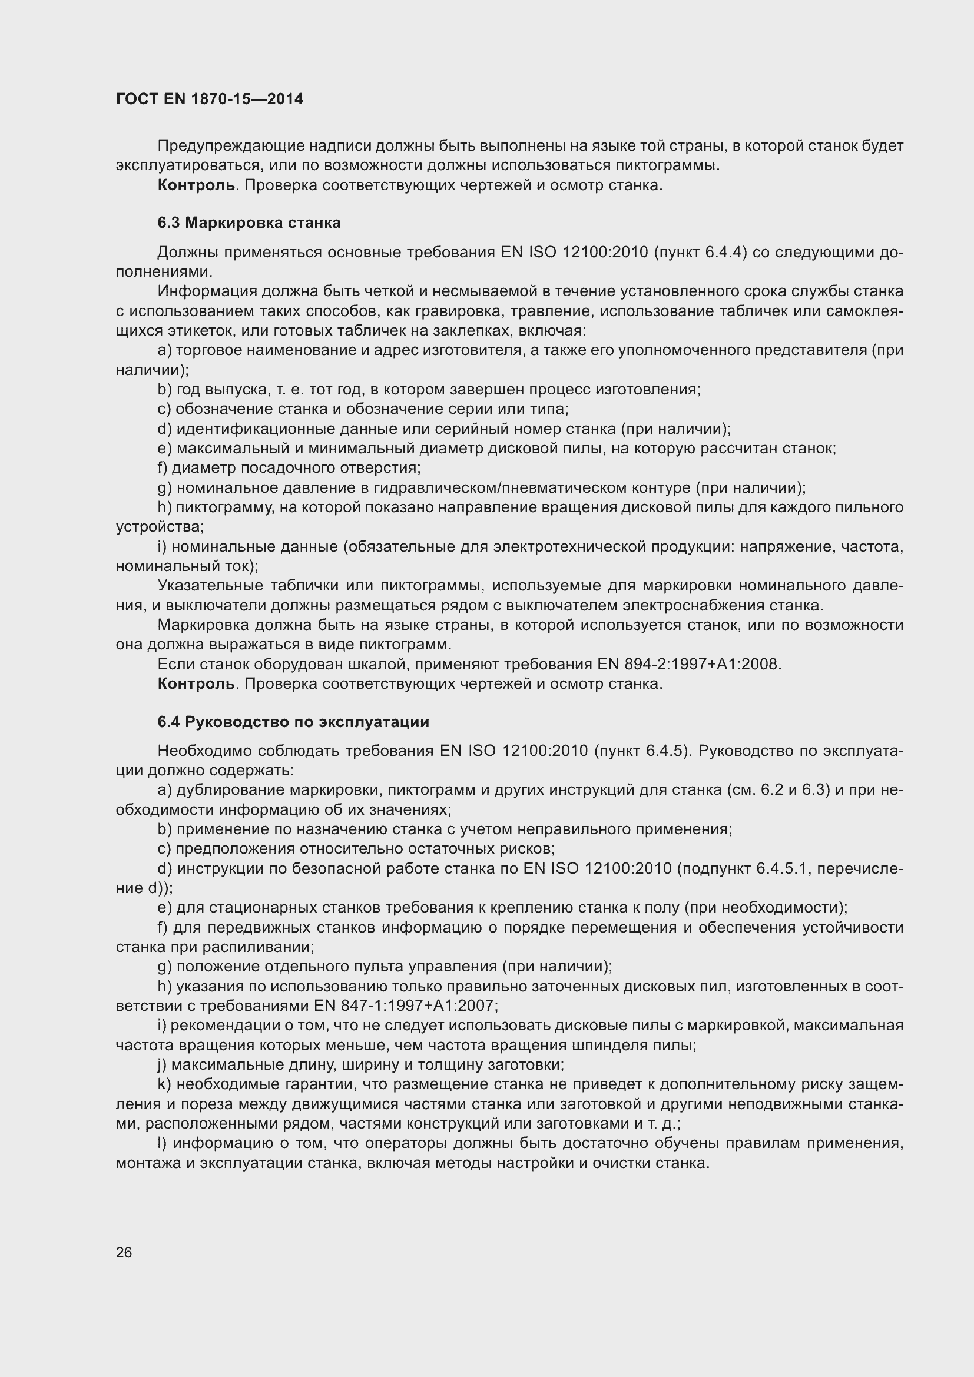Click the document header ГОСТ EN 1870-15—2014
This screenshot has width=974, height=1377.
pos(209,99)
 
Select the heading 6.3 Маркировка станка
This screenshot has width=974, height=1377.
pos(249,223)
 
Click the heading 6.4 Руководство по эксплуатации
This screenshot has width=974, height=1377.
pos(293,722)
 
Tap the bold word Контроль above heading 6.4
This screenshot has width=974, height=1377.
pos(197,683)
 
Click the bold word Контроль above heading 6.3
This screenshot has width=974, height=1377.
pos(197,185)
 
